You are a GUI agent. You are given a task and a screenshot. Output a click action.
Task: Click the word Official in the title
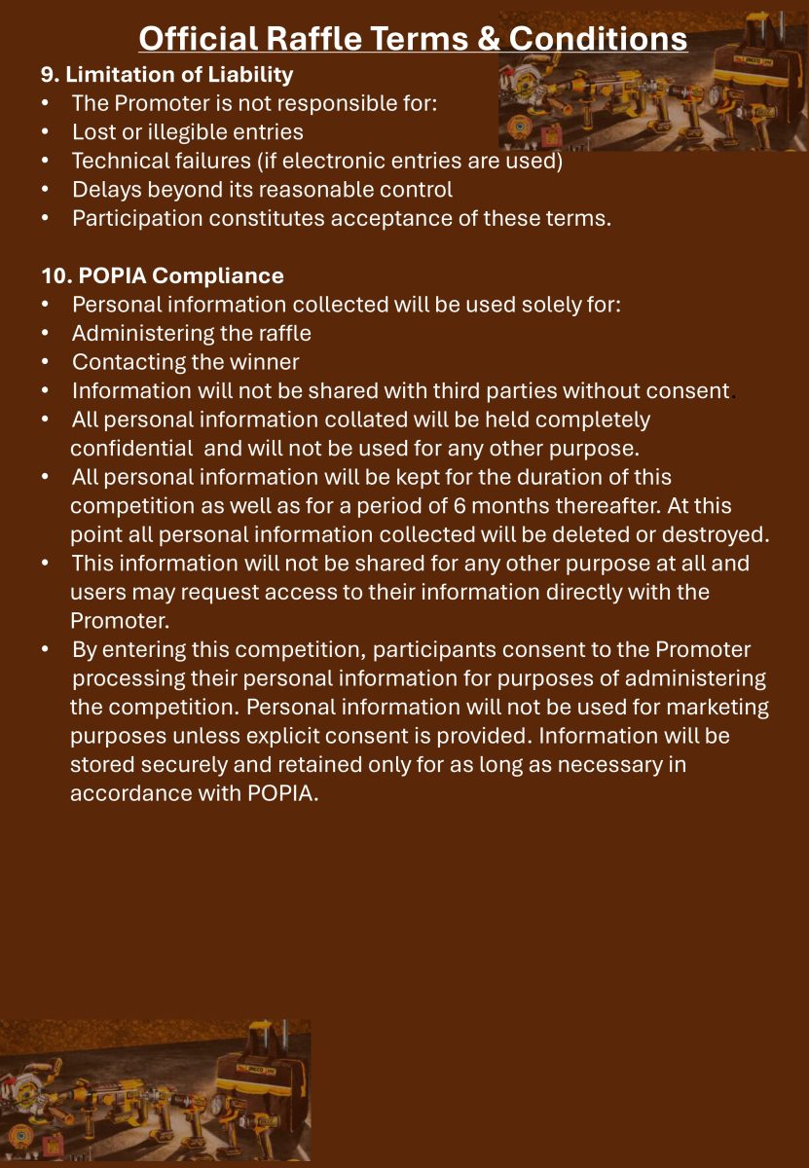199,38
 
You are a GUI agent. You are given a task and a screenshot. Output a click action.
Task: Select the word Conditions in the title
598,38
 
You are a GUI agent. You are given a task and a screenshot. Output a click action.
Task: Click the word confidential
131,449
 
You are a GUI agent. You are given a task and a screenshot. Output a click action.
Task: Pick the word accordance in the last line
129,793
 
